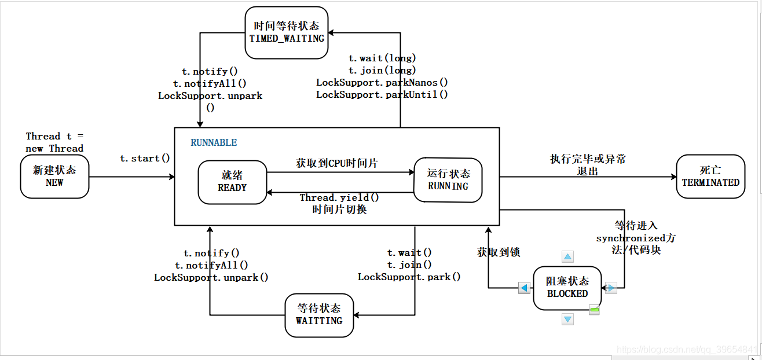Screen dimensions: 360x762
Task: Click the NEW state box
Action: [54, 176]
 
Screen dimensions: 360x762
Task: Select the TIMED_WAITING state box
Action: [286, 32]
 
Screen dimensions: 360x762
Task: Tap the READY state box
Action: [232, 181]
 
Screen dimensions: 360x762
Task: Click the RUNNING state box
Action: [448, 179]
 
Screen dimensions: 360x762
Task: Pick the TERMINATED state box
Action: [710, 176]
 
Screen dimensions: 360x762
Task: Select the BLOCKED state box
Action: [567, 287]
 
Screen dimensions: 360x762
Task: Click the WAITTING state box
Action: [319, 314]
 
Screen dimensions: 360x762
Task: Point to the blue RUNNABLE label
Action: [214, 142]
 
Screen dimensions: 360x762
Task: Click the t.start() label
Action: [145, 159]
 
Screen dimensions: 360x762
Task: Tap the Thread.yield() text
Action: [339, 198]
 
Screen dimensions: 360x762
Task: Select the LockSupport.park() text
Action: [409, 277]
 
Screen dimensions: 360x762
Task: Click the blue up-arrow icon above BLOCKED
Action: [568, 256]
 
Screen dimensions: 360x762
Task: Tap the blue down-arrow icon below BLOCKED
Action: [568, 319]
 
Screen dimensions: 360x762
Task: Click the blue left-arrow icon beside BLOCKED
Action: [524, 288]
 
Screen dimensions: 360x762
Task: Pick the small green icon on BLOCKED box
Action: [594, 311]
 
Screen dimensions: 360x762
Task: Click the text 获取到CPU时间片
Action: [337, 164]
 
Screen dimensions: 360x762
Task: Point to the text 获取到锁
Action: [499, 252]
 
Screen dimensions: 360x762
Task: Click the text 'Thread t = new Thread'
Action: [54, 142]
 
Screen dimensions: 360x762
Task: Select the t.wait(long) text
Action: [382, 58]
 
